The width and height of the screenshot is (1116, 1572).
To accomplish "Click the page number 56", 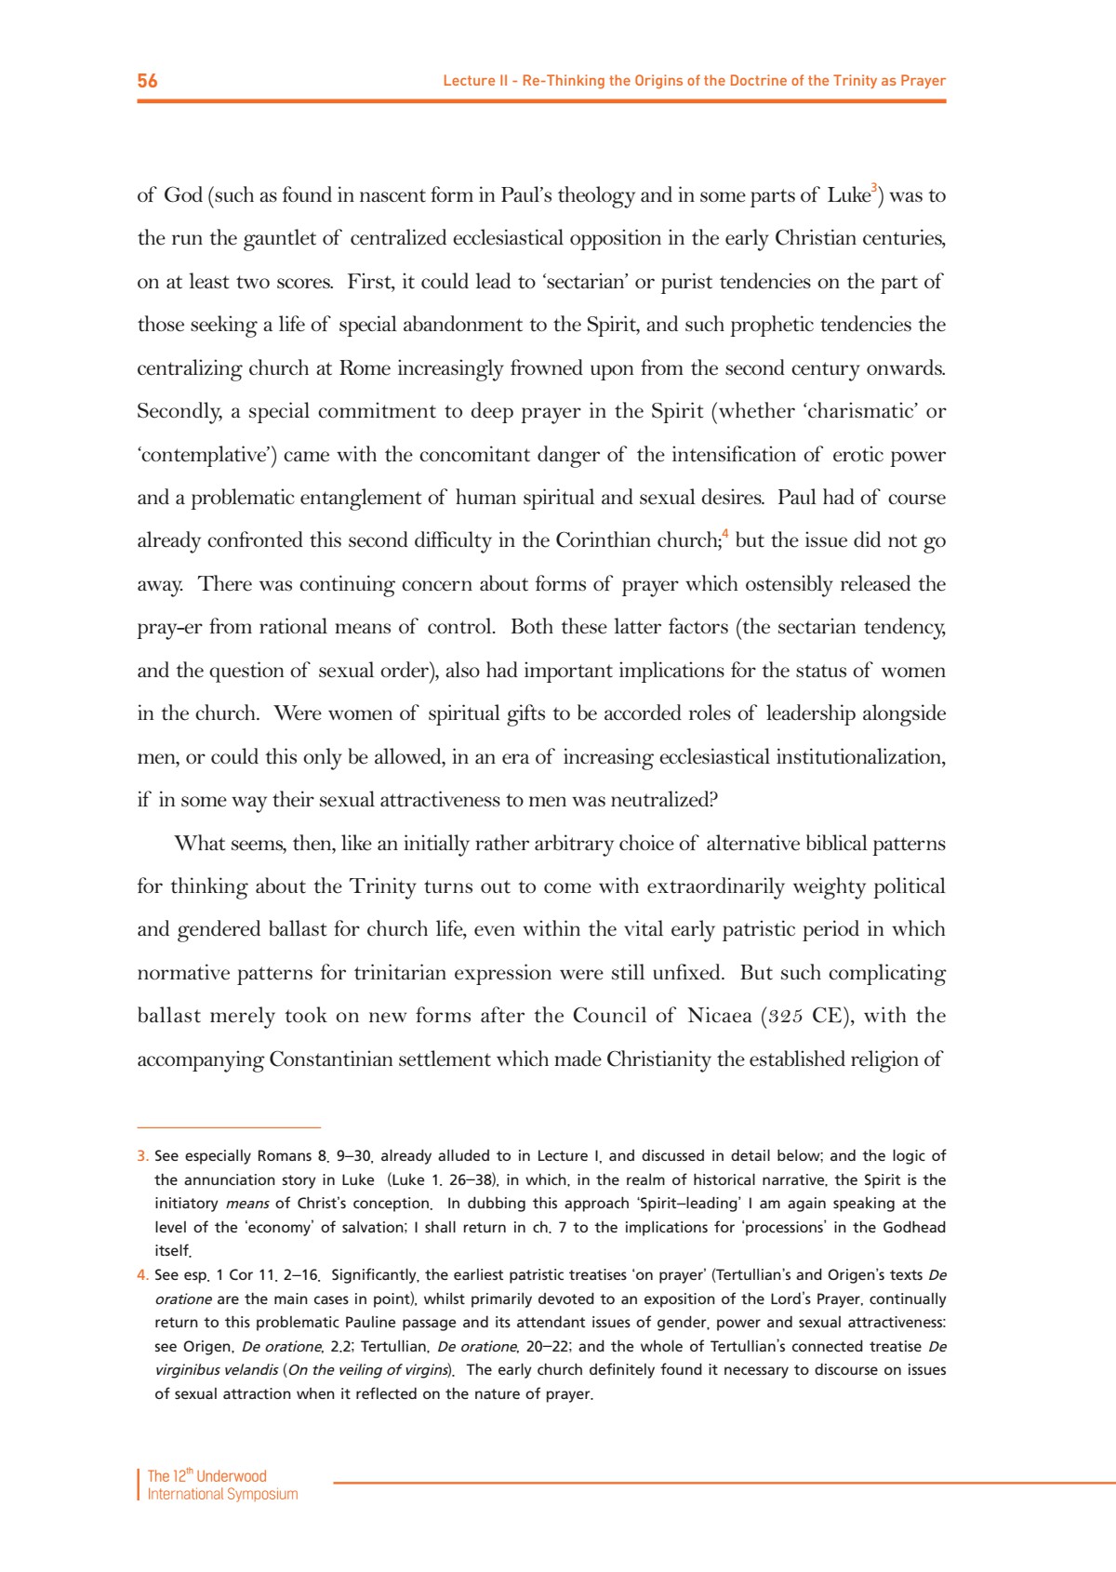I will coord(147,81).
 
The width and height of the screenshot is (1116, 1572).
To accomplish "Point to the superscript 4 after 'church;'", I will coord(725,535).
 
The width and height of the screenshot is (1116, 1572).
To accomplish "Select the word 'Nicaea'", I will coord(719,1016).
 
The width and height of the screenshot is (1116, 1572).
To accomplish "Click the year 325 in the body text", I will coord(786,1017).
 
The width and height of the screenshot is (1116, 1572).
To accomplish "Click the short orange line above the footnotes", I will coord(229,1127).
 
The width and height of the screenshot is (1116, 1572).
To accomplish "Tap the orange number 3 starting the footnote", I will coord(142,1156).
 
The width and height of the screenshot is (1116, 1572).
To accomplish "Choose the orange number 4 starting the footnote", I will coord(142,1275).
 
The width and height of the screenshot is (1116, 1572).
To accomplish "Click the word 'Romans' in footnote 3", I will coord(285,1156).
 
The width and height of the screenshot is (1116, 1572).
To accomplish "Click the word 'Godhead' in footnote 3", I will coord(913,1227).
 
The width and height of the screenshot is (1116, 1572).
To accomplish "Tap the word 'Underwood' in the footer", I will coord(232,1476).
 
